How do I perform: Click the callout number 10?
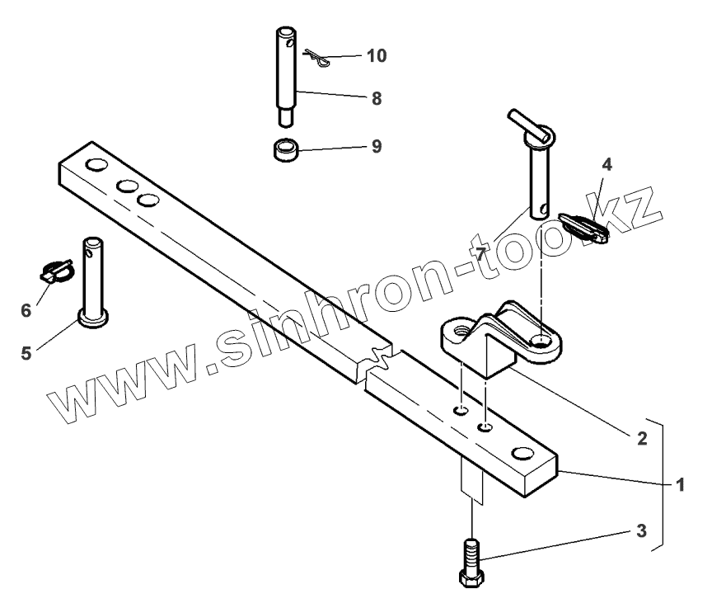(x=377, y=55)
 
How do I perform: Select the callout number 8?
(x=376, y=98)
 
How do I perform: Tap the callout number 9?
(x=376, y=146)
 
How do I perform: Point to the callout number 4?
(x=606, y=163)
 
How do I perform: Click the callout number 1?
(x=681, y=485)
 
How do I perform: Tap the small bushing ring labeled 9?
(x=285, y=152)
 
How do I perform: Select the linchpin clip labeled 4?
(x=584, y=226)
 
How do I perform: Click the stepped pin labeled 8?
(x=285, y=74)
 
